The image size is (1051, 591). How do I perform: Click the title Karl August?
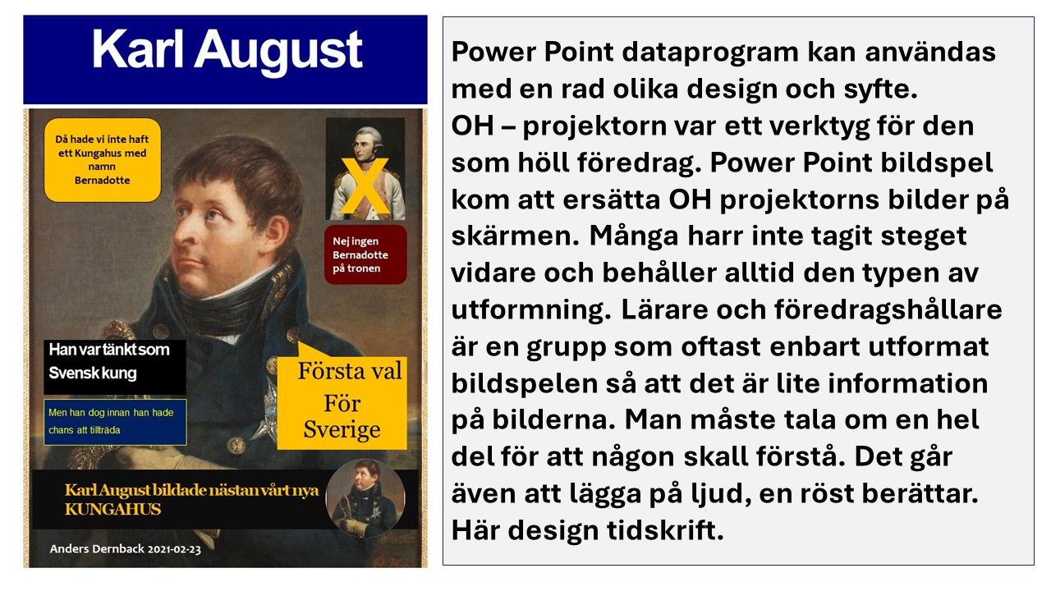tap(227, 51)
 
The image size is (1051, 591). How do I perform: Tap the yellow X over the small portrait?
tap(365, 186)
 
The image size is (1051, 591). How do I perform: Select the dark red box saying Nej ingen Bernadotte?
tap(365, 254)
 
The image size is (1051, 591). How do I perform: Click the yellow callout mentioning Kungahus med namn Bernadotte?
tap(103, 160)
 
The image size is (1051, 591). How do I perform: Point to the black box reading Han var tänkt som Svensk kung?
tap(115, 367)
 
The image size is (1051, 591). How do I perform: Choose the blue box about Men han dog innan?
tap(115, 422)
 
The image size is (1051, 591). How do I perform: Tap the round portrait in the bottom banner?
tap(365, 498)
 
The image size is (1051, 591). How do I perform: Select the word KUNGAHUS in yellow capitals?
tap(113, 510)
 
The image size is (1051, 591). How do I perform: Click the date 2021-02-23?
tap(174, 549)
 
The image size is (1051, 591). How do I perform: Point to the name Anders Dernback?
tap(97, 549)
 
